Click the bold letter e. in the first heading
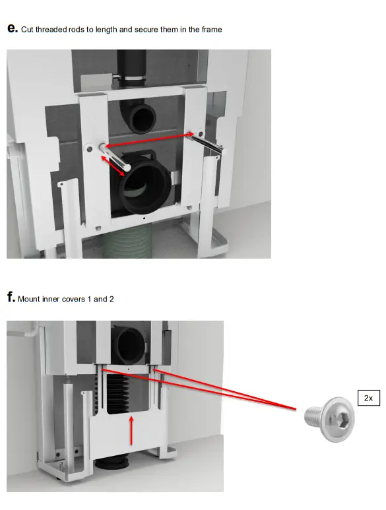[x=12, y=28]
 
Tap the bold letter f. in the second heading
[x=11, y=298]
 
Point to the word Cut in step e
[x=28, y=30]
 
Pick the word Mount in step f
[x=29, y=300]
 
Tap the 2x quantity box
[x=368, y=398]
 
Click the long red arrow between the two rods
[x=148, y=139]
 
